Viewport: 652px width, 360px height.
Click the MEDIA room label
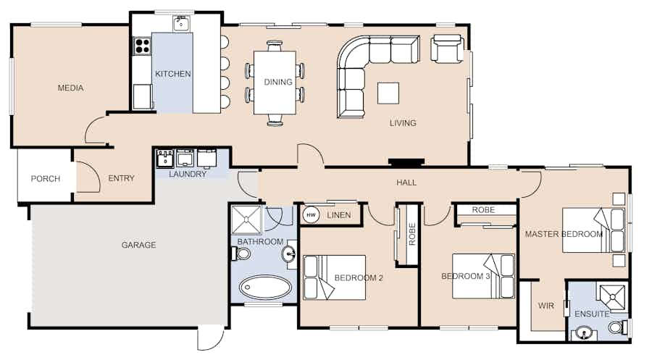70,88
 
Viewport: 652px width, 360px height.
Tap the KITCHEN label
173,74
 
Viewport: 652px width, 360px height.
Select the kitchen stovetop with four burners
142,46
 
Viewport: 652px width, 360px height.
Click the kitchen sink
181,24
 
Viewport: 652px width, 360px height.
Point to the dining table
275,83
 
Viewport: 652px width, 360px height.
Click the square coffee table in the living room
388,93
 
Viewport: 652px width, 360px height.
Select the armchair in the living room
447,49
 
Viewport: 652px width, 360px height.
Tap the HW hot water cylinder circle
311,215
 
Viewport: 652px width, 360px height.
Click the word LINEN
339,215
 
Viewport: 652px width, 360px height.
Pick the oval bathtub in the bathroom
265,287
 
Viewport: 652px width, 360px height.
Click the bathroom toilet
241,254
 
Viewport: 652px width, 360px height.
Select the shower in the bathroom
246,219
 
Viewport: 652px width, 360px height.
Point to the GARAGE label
139,245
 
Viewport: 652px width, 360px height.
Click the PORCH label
46,178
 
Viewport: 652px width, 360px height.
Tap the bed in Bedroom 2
334,277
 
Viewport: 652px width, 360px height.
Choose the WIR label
546,306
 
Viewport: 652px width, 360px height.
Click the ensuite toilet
619,327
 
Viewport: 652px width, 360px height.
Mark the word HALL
406,182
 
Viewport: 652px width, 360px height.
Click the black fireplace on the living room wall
406,162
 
